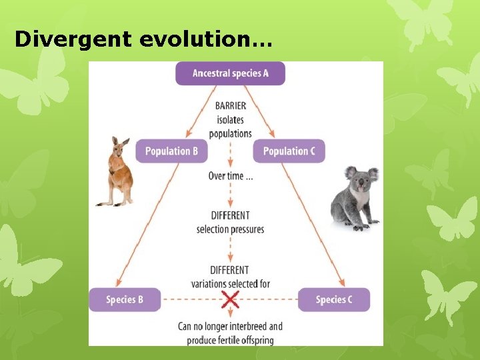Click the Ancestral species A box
(230, 73)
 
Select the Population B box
(171, 151)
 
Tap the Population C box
(289, 151)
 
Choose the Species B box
(125, 299)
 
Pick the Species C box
(333, 299)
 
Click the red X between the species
(230, 299)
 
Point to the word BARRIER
(231, 105)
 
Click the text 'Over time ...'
(231, 177)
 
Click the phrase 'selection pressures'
(231, 229)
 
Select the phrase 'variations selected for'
(231, 284)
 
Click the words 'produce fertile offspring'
(231, 340)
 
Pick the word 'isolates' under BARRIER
(231, 120)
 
